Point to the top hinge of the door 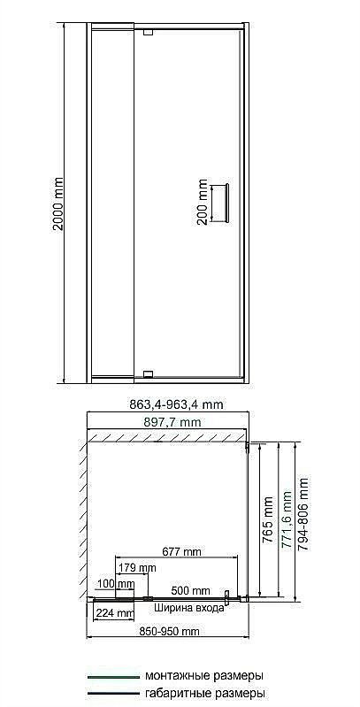(x=148, y=33)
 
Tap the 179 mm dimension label (x=137, y=567)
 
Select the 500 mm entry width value (x=190, y=590)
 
